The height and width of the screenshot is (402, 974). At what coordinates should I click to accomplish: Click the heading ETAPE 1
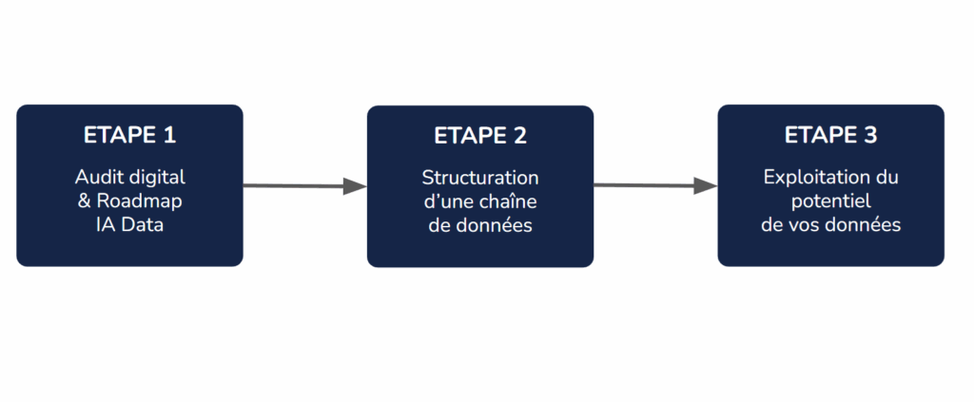(x=129, y=135)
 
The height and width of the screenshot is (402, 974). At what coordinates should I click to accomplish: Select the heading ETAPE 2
(x=480, y=136)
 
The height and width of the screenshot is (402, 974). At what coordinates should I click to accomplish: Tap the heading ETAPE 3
(x=830, y=135)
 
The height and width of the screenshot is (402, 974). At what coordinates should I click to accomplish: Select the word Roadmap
(x=139, y=201)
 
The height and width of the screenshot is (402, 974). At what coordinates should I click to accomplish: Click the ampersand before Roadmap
(x=85, y=201)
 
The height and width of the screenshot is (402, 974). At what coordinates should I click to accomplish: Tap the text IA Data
(x=129, y=224)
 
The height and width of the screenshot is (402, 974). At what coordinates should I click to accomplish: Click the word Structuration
(x=480, y=178)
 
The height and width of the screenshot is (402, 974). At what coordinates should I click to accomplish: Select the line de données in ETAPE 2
(x=480, y=225)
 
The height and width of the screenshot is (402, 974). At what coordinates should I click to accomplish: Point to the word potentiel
(x=830, y=201)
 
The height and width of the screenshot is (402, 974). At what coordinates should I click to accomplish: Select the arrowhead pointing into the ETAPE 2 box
(x=355, y=186)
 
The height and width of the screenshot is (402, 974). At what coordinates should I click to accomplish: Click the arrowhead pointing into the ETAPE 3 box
(x=705, y=185)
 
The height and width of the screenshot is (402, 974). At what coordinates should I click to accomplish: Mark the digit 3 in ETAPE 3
(x=870, y=135)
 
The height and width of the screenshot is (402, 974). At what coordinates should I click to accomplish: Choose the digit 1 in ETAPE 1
(x=170, y=135)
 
